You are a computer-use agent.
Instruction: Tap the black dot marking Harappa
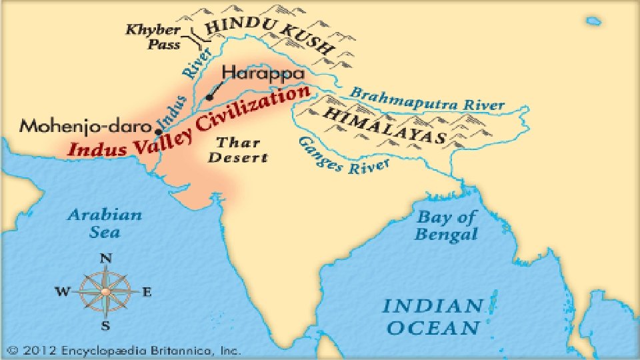pos(209,97)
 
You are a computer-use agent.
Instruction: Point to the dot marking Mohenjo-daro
pos(158,131)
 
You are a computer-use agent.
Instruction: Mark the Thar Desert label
pos(243,149)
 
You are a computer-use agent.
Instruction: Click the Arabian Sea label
pos(105,223)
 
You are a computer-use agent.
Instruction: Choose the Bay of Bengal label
pos(446,225)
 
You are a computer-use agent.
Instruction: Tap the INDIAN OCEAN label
pos(432,317)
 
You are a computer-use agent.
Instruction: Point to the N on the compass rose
pos(105,259)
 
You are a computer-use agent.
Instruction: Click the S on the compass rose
pos(105,325)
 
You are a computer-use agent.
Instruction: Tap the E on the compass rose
pos(147,291)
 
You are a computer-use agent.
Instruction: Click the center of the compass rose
pos(105,291)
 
